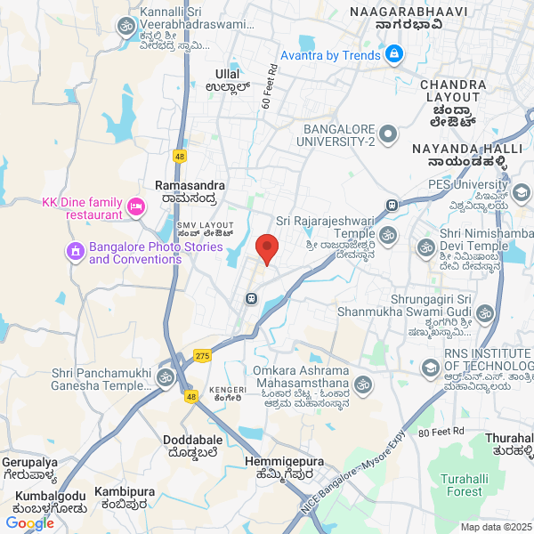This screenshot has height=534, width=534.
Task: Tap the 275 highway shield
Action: (201, 354)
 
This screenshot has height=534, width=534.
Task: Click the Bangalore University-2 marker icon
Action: (387, 134)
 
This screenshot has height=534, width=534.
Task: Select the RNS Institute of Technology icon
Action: (431, 367)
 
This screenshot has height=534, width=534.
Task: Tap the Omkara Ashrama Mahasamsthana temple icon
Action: (361, 385)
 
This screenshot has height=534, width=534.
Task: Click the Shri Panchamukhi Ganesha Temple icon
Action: (165, 378)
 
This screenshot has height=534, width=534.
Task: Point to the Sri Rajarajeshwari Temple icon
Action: (387, 235)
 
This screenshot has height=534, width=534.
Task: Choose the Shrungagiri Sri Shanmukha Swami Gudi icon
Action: (485, 313)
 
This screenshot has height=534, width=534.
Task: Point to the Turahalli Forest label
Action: (462, 484)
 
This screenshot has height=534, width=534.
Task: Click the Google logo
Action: (29, 523)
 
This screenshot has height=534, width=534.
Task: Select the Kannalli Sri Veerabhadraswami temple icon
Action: (125, 29)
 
